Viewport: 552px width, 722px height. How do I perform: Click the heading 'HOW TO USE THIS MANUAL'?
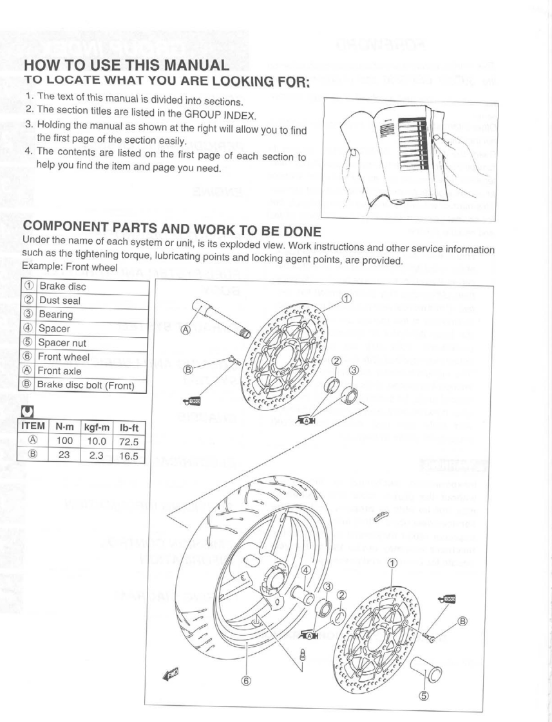(x=126, y=66)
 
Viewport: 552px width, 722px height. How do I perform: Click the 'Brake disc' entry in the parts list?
(x=62, y=286)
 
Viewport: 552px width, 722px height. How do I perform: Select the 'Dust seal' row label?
(x=59, y=301)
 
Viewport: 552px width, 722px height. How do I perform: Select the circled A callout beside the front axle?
(x=186, y=330)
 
